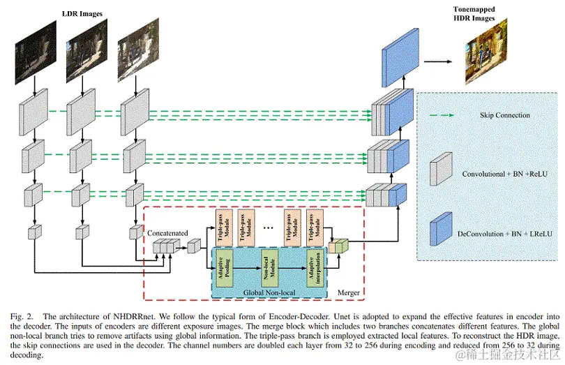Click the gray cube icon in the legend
439,170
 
